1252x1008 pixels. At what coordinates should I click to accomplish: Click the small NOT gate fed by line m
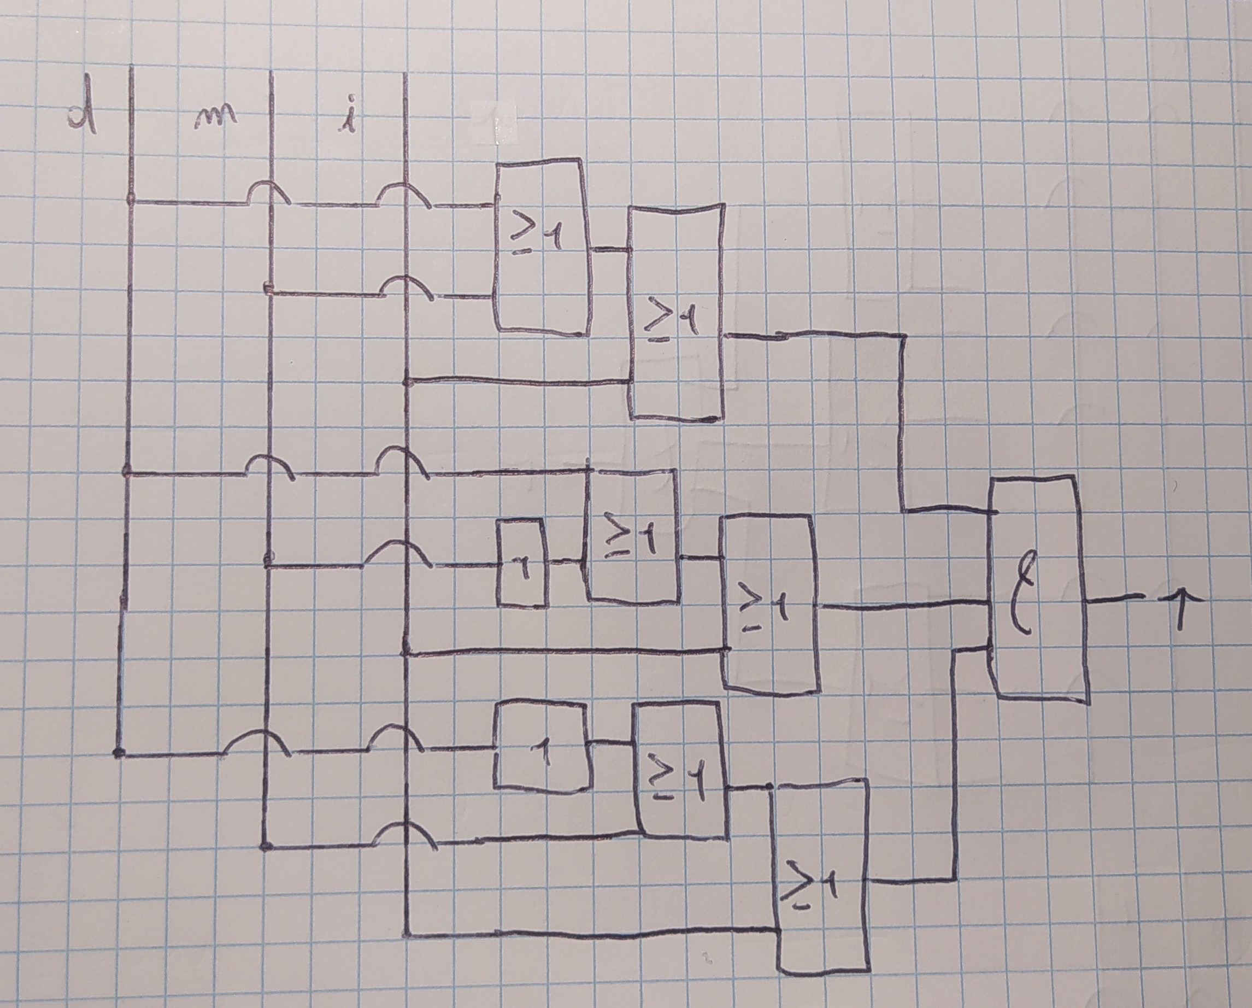tap(521, 564)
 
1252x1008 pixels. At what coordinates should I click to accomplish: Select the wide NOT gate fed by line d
tap(542, 746)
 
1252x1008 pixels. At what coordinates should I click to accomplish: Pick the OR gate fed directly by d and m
tap(541, 247)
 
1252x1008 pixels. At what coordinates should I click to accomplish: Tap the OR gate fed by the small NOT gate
tap(633, 535)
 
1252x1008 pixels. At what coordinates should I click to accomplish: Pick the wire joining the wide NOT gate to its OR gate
tap(612, 743)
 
